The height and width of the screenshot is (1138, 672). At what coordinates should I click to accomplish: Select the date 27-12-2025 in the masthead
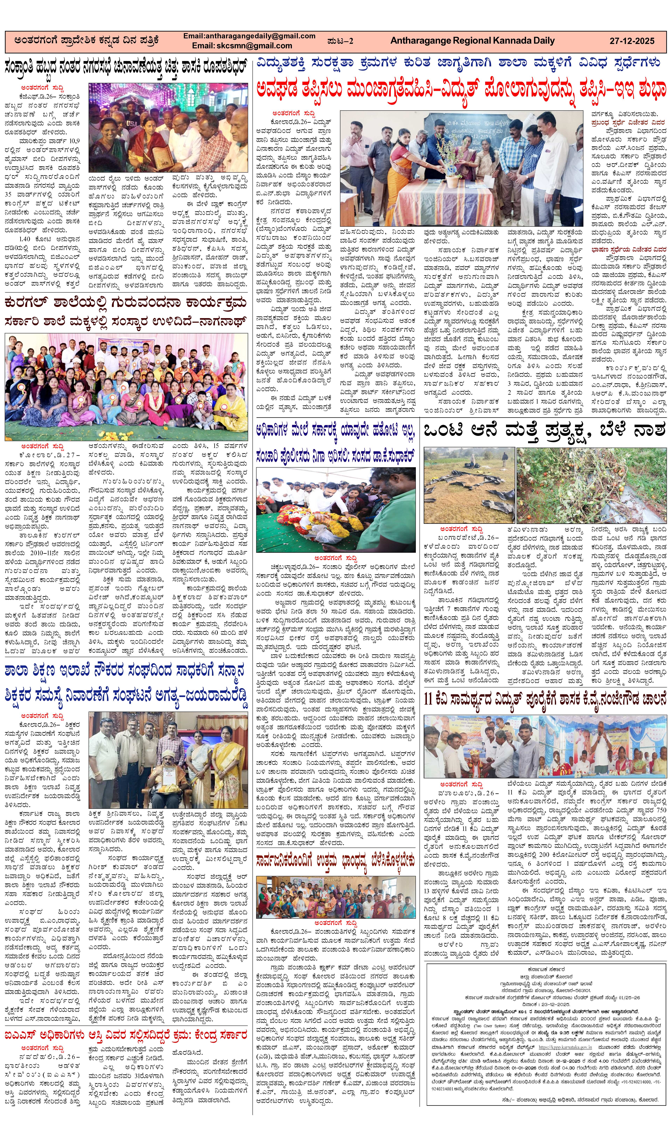point(632,41)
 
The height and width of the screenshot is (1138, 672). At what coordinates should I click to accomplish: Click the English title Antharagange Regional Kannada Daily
point(472,41)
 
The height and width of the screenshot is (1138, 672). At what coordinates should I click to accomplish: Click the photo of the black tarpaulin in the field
point(469,485)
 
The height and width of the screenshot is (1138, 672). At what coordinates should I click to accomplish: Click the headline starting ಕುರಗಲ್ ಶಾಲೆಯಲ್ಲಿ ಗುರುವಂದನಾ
point(126,302)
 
